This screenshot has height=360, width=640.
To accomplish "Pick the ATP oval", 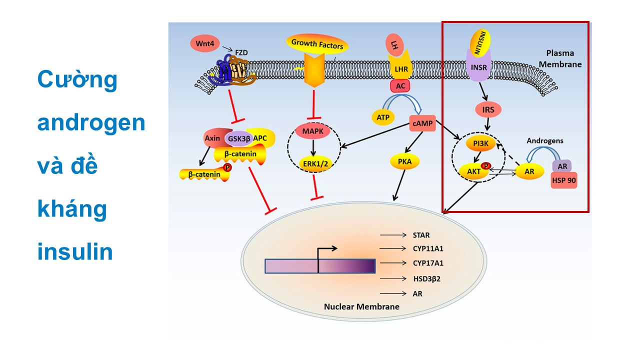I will tap(383, 116).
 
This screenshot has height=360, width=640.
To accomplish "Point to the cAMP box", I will tap(422, 123).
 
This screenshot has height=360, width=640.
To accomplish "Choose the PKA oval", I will tap(405, 161).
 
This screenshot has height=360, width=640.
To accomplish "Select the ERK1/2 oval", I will tap(313, 163).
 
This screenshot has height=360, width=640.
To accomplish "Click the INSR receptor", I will tap(478, 66).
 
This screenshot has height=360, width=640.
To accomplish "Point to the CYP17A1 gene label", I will tap(428, 262).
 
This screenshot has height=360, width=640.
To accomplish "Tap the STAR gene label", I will tap(421, 235).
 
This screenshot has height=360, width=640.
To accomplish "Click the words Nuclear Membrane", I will tap(361, 306).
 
